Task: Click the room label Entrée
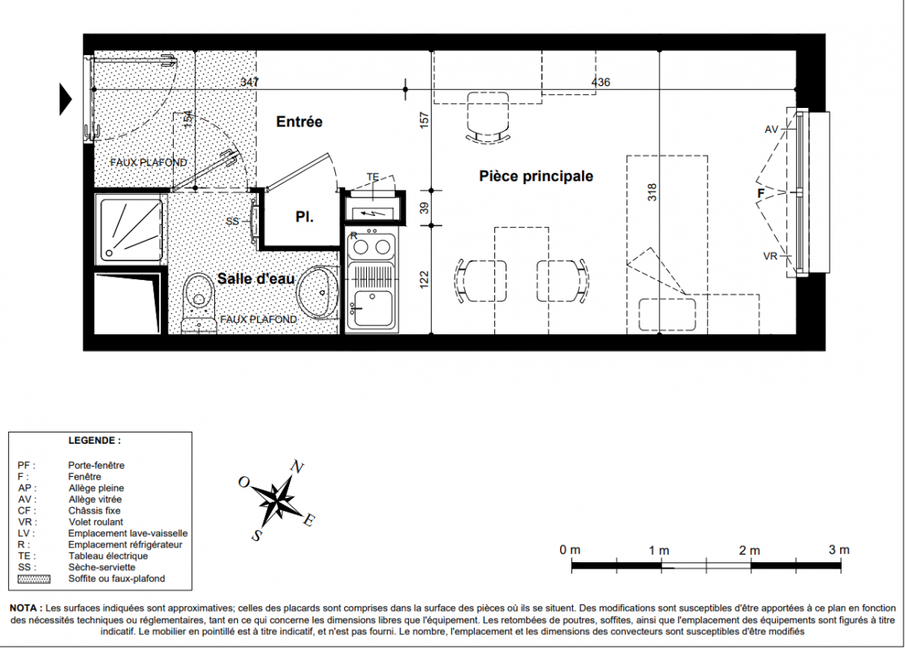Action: pos(299,122)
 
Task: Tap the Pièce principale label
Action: pos(537,176)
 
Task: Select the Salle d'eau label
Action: pos(256,278)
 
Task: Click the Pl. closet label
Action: pos(304,217)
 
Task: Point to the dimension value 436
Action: pos(601,82)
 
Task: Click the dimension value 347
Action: pos(249,82)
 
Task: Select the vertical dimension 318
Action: pos(653,192)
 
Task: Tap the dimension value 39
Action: pos(424,208)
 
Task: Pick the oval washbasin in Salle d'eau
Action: pos(318,292)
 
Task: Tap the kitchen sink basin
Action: pos(373,308)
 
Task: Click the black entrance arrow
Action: pos(66,99)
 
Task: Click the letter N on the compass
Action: pos(297,466)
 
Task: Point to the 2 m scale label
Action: pos(750,550)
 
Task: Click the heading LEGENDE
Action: pos(95,441)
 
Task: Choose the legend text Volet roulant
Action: pos(96,522)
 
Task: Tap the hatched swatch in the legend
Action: pos(34,579)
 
